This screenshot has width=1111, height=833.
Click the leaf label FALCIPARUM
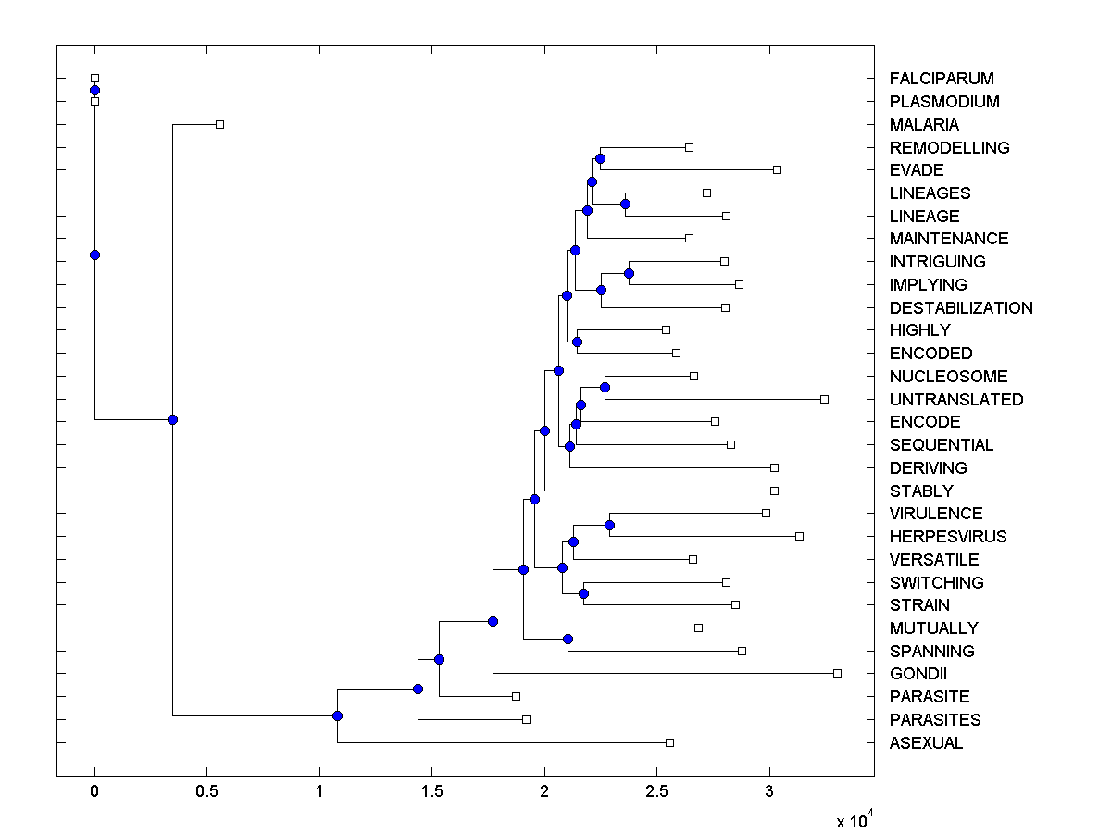click(942, 79)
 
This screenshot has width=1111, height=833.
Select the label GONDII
click(918, 674)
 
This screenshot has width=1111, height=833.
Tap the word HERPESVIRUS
click(947, 537)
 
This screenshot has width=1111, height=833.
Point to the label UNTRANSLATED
click(956, 400)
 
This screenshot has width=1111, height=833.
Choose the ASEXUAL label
click(926, 743)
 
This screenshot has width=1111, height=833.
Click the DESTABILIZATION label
click(961, 308)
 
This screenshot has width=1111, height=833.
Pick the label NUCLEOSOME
click(948, 377)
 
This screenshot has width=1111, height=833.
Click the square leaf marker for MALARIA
click(219, 124)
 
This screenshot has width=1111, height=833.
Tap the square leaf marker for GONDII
click(837, 673)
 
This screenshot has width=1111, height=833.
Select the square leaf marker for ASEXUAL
click(669, 742)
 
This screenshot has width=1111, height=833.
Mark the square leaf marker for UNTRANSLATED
click(824, 399)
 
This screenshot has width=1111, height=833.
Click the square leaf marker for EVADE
click(777, 169)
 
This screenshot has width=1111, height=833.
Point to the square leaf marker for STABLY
click(774, 491)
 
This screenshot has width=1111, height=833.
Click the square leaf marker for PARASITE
click(516, 696)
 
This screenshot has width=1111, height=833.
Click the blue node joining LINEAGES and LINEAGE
click(626, 204)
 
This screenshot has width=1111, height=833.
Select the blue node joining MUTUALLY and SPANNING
click(568, 639)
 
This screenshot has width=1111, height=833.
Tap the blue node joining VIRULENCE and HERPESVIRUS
click(609, 525)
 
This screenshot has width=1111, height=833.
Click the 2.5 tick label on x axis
click(656, 792)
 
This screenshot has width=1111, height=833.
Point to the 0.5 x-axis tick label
click(206, 792)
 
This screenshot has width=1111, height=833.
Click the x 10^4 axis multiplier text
click(854, 820)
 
